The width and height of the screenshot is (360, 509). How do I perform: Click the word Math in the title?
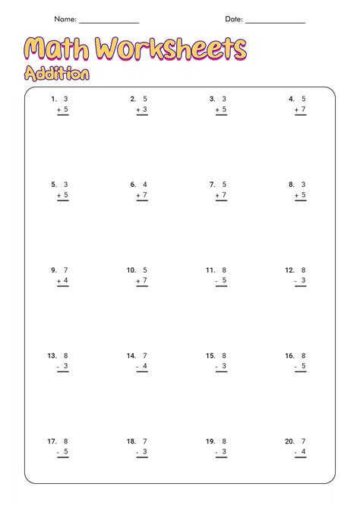58,50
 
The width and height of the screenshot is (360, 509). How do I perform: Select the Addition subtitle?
56,74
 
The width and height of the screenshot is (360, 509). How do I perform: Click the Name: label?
65,19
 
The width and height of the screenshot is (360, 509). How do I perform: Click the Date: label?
233,19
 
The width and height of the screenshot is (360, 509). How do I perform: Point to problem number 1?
54,99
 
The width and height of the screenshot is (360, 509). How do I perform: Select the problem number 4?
291,99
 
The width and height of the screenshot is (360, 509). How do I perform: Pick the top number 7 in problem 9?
65,270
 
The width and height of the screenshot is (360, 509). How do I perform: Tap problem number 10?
131,270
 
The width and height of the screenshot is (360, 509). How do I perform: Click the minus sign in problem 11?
216,281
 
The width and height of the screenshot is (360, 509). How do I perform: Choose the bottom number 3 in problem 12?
303,281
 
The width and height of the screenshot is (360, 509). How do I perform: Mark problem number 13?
52,356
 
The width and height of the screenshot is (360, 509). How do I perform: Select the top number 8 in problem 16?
303,356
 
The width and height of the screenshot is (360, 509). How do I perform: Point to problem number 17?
52,441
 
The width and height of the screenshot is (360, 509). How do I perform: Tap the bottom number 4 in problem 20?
303,452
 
